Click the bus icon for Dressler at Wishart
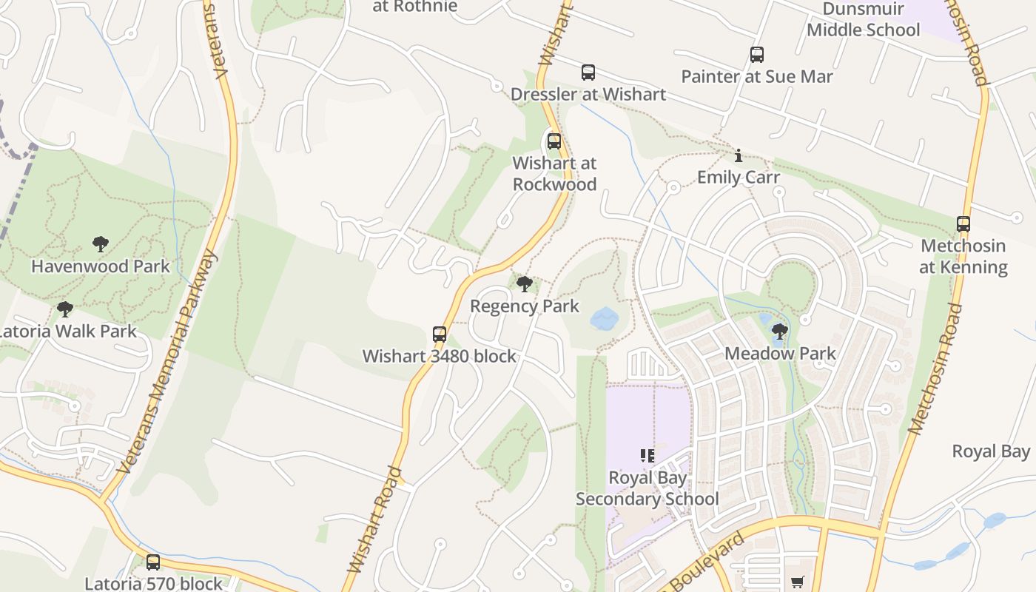click(x=588, y=73)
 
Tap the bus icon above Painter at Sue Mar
click(x=756, y=55)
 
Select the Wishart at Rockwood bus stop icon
click(x=554, y=141)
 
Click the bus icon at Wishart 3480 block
click(x=440, y=334)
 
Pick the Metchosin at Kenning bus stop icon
click(x=963, y=224)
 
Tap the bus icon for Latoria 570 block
click(x=153, y=562)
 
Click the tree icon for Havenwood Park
click(x=101, y=244)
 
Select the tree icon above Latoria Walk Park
click(x=65, y=309)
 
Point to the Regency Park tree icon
click(x=525, y=284)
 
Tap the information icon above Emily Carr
click(x=738, y=155)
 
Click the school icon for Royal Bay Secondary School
click(x=647, y=456)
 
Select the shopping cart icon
click(x=797, y=582)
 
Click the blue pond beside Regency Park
click(x=605, y=319)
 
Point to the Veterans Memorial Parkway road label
click(x=167, y=363)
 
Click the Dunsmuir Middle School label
click(x=864, y=20)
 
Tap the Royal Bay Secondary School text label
click(x=647, y=488)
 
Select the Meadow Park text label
click(x=780, y=354)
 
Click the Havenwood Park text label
click(x=101, y=266)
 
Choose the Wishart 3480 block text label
click(x=440, y=357)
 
